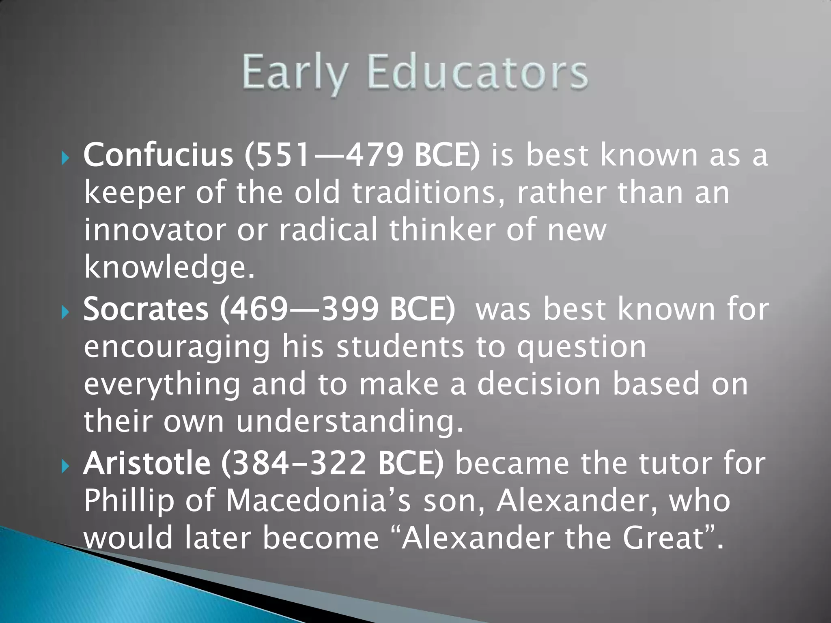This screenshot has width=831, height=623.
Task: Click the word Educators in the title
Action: tap(477, 73)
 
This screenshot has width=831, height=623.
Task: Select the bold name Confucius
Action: tap(158, 155)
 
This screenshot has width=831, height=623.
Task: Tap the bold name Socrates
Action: tap(146, 309)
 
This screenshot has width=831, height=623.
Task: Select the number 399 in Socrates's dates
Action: tap(349, 309)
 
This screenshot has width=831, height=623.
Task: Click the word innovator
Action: tap(155, 230)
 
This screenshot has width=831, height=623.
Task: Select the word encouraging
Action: tap(177, 348)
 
